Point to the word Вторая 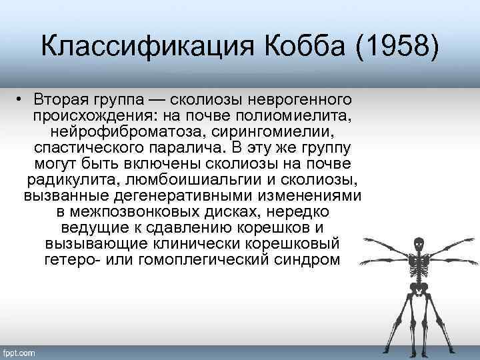[x=62, y=101]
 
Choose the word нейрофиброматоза [x=125, y=133]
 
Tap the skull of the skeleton [x=419, y=243]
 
